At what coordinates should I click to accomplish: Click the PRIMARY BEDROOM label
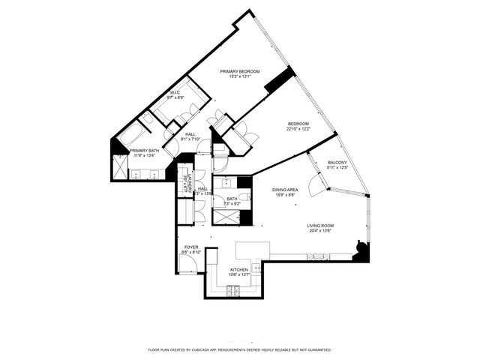tap(239, 72)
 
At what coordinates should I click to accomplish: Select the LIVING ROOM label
tap(320, 225)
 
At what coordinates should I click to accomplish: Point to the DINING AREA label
tap(286, 190)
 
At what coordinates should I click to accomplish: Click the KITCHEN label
tap(239, 269)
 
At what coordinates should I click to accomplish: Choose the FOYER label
tap(192, 246)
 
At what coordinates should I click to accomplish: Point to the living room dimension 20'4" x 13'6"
tap(320, 231)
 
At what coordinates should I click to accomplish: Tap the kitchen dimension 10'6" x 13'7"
tap(239, 274)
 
